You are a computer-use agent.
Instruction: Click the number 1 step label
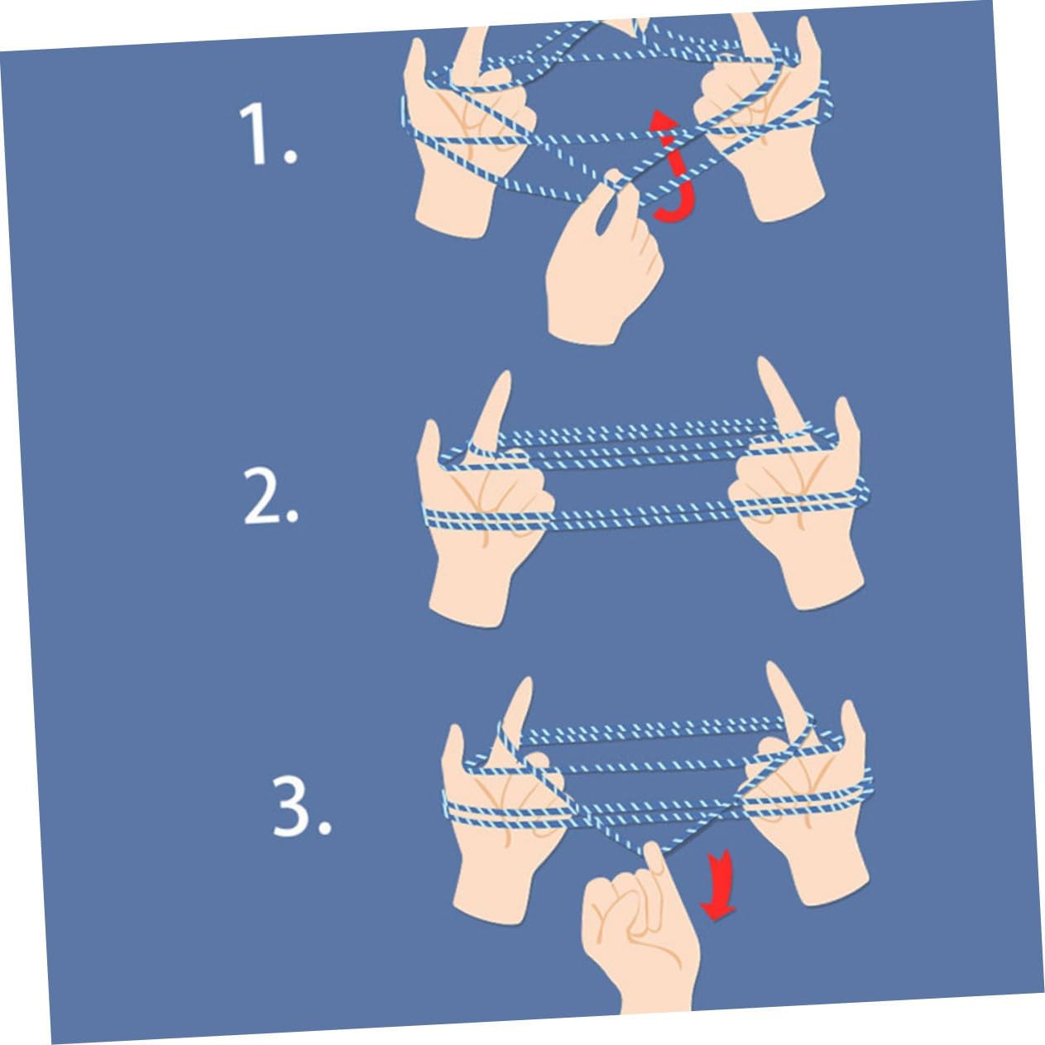267,135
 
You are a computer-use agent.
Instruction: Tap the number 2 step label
271,496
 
